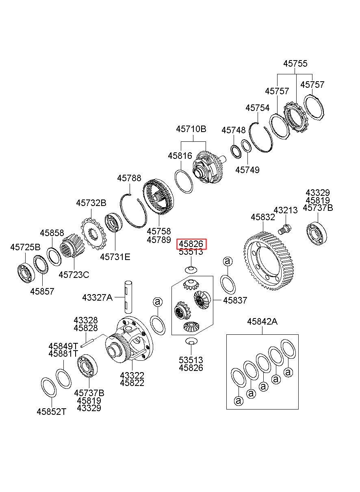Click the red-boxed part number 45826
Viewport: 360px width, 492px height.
tap(191, 244)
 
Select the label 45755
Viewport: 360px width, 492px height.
tap(295, 63)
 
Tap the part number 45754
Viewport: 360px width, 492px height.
tap(257, 108)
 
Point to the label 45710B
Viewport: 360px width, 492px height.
tap(191, 129)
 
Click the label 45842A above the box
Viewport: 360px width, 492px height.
tap(262, 322)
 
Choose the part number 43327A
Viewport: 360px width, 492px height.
tap(97, 297)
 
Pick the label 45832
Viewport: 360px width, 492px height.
tap(263, 217)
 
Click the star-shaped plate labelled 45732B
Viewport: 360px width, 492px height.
tap(93, 234)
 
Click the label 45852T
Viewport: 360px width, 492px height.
tap(51, 411)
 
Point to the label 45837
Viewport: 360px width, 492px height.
tap(235, 300)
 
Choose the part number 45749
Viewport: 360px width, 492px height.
tap(247, 170)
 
